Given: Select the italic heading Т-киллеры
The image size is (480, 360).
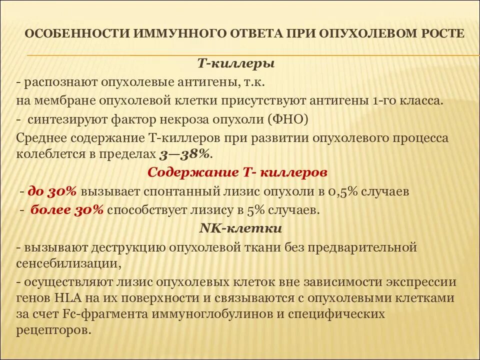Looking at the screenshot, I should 236,64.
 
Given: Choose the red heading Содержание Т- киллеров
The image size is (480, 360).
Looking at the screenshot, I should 237,172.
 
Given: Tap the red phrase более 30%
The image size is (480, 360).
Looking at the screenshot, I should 67,210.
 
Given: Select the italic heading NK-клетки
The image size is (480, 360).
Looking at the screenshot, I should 240,228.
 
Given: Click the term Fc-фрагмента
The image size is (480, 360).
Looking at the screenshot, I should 106,314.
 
